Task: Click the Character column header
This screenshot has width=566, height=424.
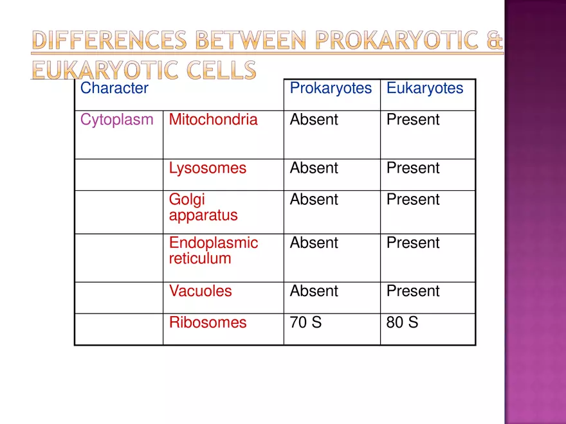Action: click(x=114, y=88)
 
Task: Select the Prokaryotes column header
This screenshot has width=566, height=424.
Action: click(x=331, y=89)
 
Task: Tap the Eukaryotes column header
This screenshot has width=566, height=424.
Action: click(x=425, y=89)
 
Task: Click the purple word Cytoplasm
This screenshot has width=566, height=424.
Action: click(x=117, y=120)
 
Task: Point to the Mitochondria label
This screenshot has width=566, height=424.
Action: click(x=214, y=119)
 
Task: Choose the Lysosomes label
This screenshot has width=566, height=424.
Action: click(x=208, y=168)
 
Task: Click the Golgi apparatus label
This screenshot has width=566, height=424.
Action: click(x=203, y=208)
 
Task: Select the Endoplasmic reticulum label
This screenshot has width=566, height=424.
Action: click(x=214, y=251)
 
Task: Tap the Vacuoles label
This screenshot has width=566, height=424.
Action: click(x=200, y=291)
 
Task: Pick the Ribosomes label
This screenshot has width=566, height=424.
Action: click(x=208, y=322)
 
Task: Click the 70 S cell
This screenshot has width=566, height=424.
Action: click(x=306, y=322)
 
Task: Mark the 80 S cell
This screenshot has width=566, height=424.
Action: click(x=402, y=322)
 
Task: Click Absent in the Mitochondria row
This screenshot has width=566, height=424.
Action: click(x=314, y=119)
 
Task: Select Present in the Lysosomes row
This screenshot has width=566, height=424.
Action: click(x=413, y=168)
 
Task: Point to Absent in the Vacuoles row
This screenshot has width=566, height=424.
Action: click(x=314, y=291)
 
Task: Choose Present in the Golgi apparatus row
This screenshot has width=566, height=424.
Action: click(x=413, y=199)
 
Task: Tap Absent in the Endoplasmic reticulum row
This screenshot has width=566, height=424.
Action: click(x=314, y=243)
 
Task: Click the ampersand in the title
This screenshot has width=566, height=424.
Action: click(x=494, y=40)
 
